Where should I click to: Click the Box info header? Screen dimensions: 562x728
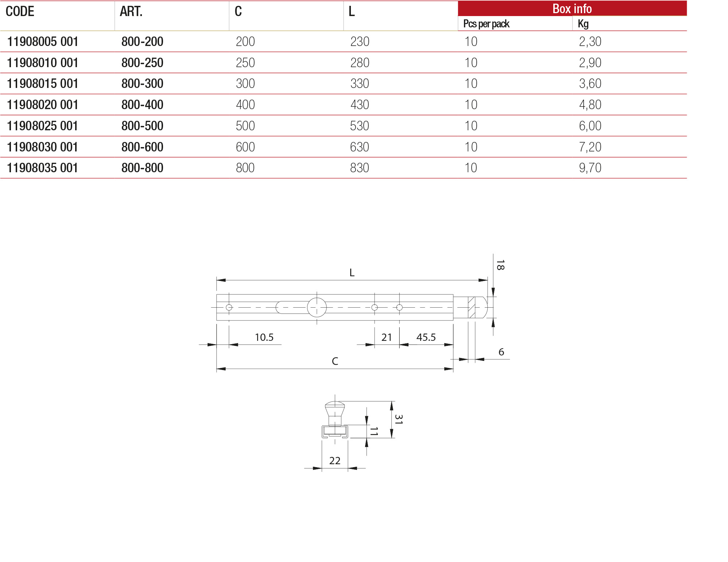(x=572, y=9)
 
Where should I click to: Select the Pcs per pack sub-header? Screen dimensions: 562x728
(x=486, y=24)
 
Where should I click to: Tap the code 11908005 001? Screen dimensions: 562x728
(x=43, y=42)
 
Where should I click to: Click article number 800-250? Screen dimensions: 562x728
(x=142, y=63)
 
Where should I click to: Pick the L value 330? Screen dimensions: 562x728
(x=360, y=84)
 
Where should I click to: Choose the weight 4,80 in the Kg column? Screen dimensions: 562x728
(x=590, y=105)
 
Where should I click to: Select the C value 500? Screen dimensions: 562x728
(x=245, y=126)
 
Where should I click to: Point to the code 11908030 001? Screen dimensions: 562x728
(x=43, y=147)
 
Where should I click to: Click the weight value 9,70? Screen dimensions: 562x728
(x=590, y=168)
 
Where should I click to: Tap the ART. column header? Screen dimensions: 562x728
(x=131, y=12)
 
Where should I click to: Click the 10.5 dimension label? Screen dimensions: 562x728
(x=264, y=337)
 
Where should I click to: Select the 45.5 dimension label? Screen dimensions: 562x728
(x=426, y=337)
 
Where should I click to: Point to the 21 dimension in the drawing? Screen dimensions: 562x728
(x=387, y=337)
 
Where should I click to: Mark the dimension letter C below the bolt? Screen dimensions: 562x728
(x=335, y=361)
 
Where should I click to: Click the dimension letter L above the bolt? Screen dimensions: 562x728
(x=352, y=273)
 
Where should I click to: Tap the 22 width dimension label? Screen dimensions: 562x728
(x=335, y=461)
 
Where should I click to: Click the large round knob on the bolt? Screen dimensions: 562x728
(x=317, y=307)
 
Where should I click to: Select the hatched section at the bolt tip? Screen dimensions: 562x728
(x=472, y=307)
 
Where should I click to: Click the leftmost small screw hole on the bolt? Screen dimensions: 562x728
(x=229, y=307)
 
